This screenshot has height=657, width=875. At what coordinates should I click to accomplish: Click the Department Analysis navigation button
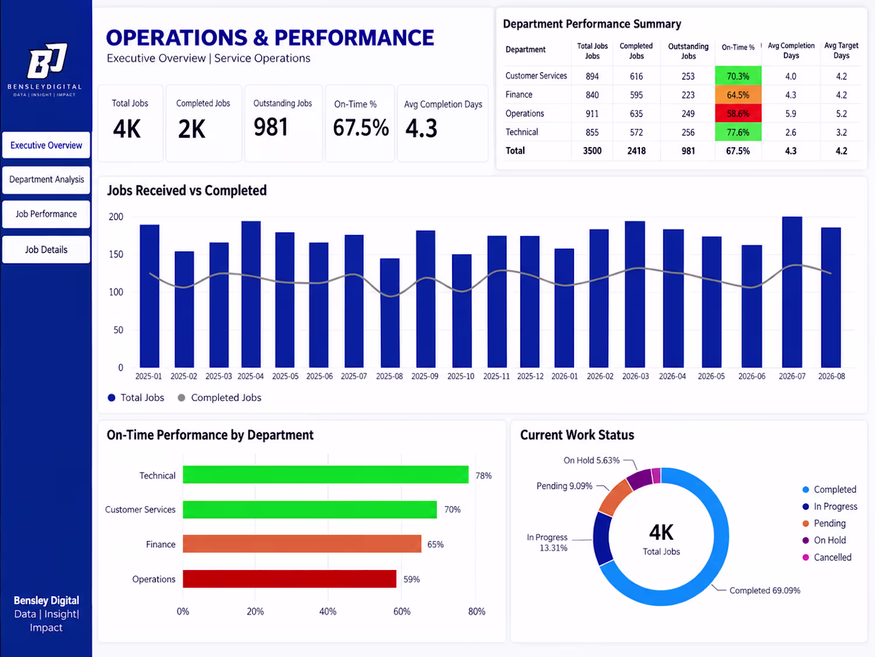pyautogui.click(x=46, y=179)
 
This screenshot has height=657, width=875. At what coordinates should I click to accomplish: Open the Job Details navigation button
pyautogui.click(x=46, y=250)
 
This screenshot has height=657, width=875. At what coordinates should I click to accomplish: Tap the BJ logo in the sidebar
pyautogui.click(x=47, y=61)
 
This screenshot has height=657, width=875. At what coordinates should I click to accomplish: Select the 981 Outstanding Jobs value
pyautogui.click(x=271, y=127)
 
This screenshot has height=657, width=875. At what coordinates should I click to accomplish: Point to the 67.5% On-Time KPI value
pyautogui.click(x=360, y=128)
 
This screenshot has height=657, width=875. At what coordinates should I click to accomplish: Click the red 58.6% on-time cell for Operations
pyautogui.click(x=738, y=114)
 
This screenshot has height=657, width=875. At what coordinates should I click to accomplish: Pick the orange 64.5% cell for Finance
pyautogui.click(x=738, y=95)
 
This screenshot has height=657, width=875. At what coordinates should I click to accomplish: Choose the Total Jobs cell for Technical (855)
pyautogui.click(x=592, y=133)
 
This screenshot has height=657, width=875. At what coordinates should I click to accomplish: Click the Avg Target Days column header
pyautogui.click(x=841, y=50)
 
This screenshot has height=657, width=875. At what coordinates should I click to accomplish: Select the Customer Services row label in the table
pyautogui.click(x=535, y=76)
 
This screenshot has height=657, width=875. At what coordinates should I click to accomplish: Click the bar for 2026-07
pyautogui.click(x=792, y=292)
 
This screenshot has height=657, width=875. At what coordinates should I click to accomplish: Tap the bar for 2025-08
pyautogui.click(x=390, y=313)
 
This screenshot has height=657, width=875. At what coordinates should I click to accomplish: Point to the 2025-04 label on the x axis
pyautogui.click(x=250, y=376)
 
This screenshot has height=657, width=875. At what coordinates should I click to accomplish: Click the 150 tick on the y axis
pyautogui.click(x=116, y=255)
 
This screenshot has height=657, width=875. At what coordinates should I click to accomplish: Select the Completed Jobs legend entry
pyautogui.click(x=220, y=398)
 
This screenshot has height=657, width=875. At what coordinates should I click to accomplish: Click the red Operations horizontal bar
pyautogui.click(x=289, y=579)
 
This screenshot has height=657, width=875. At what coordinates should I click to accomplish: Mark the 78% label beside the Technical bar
pyautogui.click(x=484, y=475)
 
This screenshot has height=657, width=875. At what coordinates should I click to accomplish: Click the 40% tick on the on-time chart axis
pyautogui.click(x=328, y=611)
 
